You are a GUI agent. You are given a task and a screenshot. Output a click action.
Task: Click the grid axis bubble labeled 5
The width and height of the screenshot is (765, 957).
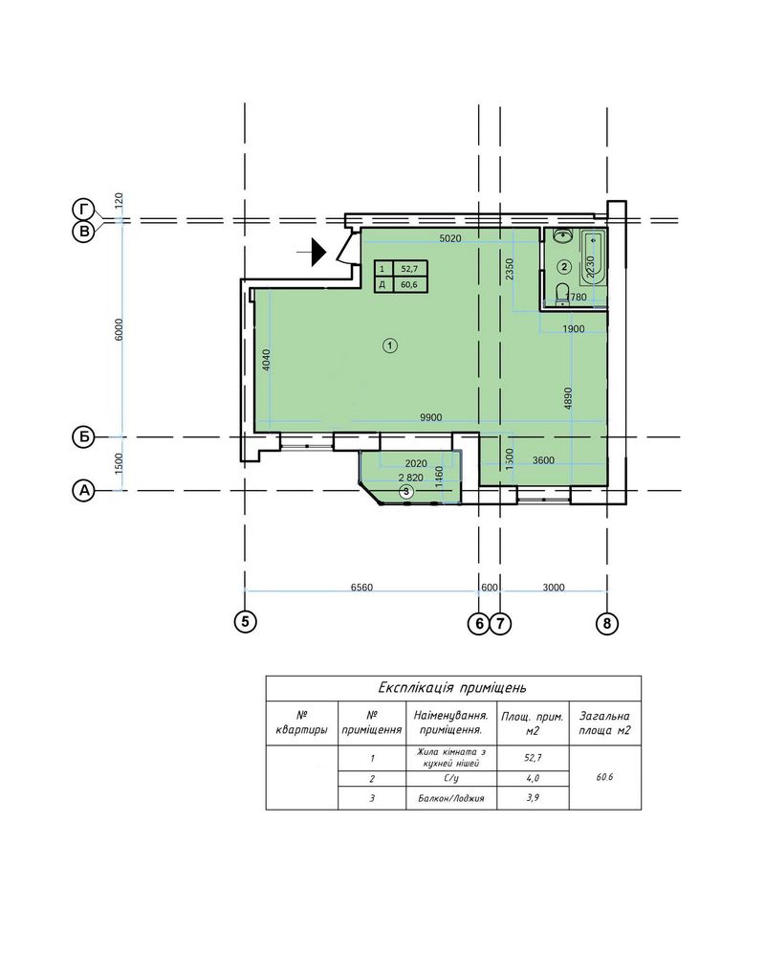tap(245, 622)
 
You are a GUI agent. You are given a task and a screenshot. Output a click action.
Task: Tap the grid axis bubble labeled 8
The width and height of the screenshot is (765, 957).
tap(606, 623)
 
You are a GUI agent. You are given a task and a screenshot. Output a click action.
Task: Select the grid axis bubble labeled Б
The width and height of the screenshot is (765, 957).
tap(84, 437)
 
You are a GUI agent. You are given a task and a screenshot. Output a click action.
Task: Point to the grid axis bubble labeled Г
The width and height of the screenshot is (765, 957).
tap(84, 210)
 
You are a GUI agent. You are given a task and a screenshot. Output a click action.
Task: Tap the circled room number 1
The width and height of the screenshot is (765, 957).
tap(390, 346)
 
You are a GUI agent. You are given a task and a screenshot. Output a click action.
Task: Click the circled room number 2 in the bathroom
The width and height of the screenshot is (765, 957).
tap(564, 266)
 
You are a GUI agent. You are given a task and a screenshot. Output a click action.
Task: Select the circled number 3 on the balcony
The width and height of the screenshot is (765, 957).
tap(407, 491)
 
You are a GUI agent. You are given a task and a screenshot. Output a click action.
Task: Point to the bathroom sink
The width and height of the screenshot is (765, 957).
tap(562, 235)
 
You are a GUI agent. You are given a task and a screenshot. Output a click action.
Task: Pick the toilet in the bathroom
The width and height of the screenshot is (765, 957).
tap(563, 292)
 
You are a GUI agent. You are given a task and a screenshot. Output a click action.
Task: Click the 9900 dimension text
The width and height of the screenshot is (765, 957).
tap(430, 417)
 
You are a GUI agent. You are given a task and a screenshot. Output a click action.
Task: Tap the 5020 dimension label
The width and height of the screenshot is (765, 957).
tap(450, 238)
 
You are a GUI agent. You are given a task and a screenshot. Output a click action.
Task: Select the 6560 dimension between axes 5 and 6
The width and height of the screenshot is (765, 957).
tap(361, 588)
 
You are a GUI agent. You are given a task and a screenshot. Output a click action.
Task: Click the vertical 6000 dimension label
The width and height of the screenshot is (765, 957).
tap(119, 329)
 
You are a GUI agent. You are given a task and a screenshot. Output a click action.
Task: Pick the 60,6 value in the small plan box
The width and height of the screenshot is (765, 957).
tap(409, 284)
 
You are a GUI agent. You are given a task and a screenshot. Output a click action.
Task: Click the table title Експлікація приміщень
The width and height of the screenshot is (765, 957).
tap(452, 688)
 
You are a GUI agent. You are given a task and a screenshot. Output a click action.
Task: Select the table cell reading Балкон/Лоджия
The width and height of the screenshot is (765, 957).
tap(450, 798)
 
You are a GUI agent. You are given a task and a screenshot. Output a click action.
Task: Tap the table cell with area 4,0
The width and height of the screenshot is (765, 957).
tap(533, 778)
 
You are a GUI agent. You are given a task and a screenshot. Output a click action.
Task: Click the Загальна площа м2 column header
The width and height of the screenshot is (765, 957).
tap(604, 723)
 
